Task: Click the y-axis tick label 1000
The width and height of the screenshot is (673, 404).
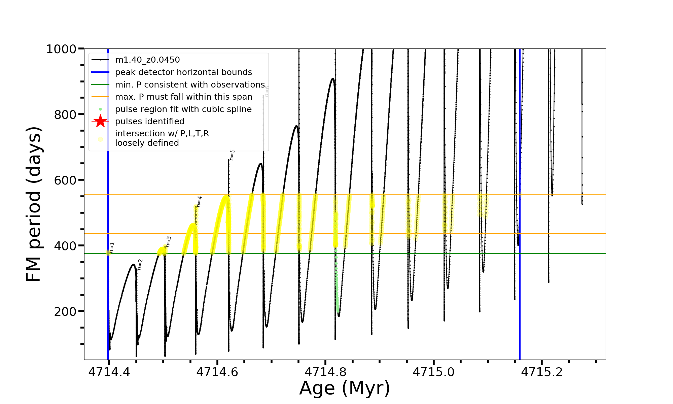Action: (x=61, y=49)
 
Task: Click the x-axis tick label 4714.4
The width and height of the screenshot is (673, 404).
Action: (x=109, y=372)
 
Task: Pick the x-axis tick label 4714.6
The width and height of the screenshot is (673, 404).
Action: (x=217, y=372)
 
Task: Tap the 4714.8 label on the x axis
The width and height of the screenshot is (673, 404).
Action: (x=325, y=372)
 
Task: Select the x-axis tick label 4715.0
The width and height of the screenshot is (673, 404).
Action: (x=433, y=372)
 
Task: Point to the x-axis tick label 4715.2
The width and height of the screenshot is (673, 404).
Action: (x=542, y=372)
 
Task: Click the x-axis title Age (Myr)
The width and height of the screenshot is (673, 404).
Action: (x=345, y=388)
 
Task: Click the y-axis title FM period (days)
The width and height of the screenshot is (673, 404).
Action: (x=34, y=204)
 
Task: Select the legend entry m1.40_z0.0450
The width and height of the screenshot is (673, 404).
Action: (x=147, y=60)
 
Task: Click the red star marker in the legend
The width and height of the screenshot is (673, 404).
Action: (x=100, y=121)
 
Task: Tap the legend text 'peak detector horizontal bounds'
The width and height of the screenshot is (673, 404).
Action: (x=183, y=72)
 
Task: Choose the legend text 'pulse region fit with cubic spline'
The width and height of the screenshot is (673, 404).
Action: (x=183, y=109)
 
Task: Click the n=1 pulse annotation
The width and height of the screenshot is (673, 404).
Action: (x=112, y=247)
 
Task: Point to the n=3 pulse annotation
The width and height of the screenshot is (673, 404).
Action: (x=169, y=241)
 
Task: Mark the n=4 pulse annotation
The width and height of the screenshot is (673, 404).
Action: (x=199, y=201)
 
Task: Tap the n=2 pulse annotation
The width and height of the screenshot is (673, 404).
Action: (x=140, y=264)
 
